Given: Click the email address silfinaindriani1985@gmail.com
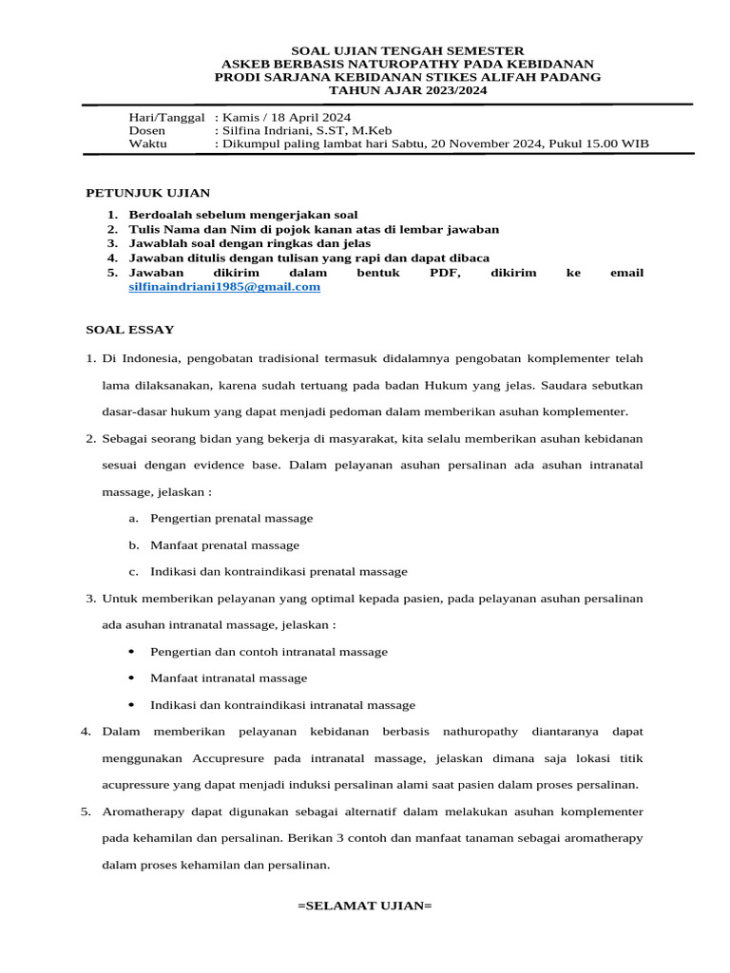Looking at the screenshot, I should (x=224, y=287).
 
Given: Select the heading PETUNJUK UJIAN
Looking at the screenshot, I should (x=148, y=193).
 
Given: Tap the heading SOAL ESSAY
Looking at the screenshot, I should (x=130, y=330).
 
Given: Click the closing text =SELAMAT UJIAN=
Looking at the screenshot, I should (x=365, y=906).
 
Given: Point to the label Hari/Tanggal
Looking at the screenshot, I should (x=166, y=116).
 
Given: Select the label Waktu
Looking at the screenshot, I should (x=147, y=144).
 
